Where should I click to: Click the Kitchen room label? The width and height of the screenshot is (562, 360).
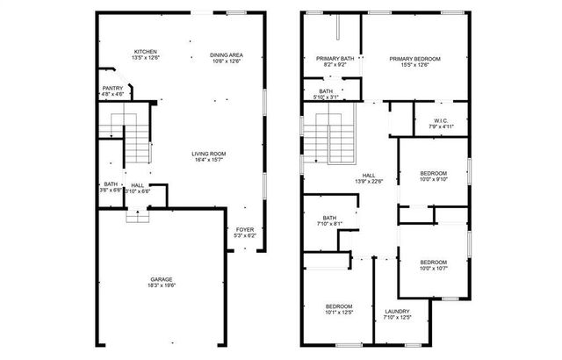tap(146, 52)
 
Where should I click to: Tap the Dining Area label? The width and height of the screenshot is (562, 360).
tap(227, 54)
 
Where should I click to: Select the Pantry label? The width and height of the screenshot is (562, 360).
tap(112, 88)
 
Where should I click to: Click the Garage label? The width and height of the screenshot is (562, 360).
tap(161, 279)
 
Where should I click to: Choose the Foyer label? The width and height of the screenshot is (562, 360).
tap(245, 229)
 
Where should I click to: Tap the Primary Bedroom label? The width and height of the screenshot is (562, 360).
tap(414, 58)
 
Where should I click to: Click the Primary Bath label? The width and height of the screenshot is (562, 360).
tap(334, 58)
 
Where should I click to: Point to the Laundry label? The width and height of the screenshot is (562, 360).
tap(397, 313)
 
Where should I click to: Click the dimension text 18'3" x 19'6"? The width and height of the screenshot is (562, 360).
tap(161, 285)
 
